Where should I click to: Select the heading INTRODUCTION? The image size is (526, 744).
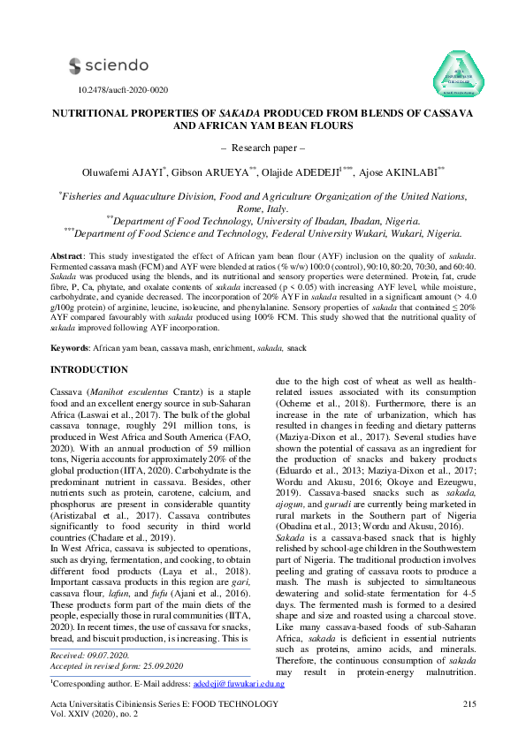pos(94,368)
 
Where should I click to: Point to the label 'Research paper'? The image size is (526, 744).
pos(262,147)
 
